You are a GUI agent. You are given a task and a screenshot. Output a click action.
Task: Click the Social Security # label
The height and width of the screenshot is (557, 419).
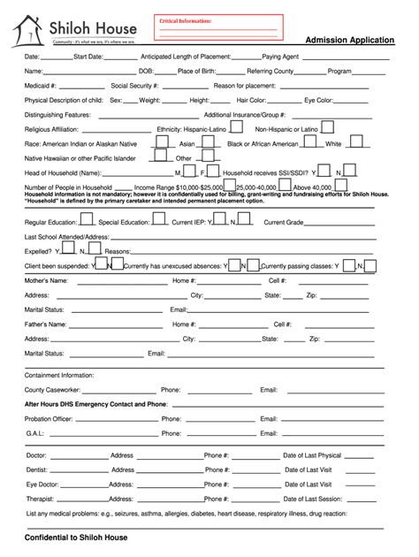[134, 86]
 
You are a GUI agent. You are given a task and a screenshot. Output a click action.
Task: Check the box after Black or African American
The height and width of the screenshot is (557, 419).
[310, 141]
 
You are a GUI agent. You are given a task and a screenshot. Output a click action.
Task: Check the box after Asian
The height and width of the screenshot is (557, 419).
[205, 141]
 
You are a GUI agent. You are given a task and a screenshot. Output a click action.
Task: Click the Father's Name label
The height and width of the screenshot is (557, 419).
[46, 324]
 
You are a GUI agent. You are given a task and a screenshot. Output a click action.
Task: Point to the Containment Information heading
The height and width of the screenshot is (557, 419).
[60, 374]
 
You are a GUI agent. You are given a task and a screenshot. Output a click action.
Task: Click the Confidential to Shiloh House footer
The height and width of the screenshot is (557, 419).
[76, 538]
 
